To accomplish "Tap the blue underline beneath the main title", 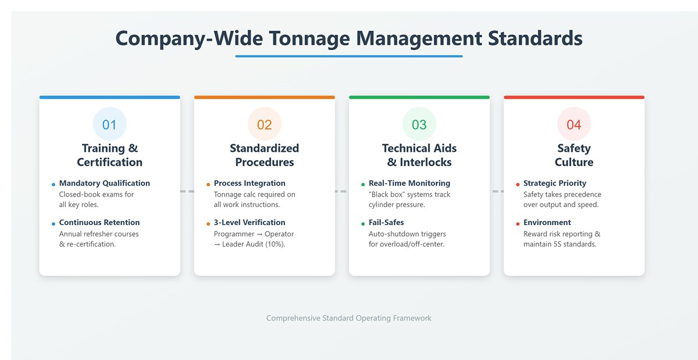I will [349, 56].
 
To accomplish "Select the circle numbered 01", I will [109, 124].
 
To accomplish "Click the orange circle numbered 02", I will [264, 124].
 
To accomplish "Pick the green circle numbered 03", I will [419, 124].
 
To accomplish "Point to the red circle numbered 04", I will [574, 124].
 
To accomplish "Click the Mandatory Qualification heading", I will [104, 183].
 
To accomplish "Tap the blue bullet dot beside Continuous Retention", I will [53, 224].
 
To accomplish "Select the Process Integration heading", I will [250, 183].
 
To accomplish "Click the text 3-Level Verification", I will [250, 223].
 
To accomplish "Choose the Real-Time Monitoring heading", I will [409, 183].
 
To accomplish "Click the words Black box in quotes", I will [385, 195].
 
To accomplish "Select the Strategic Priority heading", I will [555, 183].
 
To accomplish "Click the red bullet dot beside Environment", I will [518, 224].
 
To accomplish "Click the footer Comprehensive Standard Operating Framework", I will [349, 318].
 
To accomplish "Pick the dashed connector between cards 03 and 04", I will [497, 191].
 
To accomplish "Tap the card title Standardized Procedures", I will [264, 155].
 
